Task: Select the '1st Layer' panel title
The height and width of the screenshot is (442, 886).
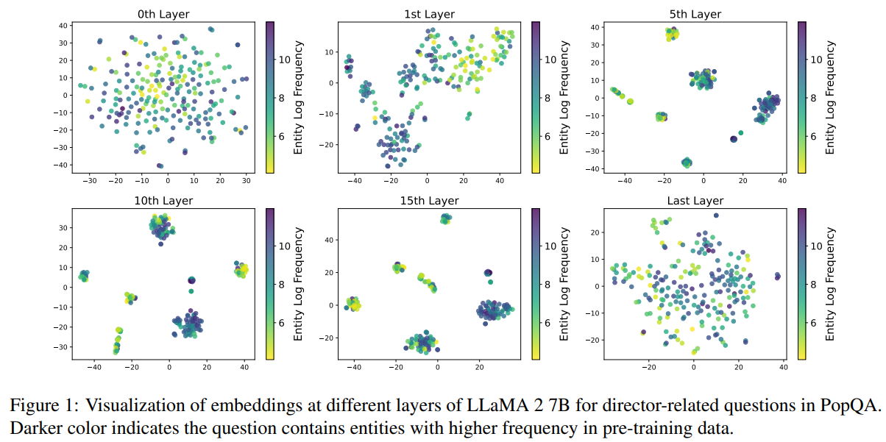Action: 430,14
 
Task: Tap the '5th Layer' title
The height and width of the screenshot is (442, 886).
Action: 696,14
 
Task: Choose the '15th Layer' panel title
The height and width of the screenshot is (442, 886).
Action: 430,201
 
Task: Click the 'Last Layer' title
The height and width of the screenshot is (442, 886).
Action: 696,201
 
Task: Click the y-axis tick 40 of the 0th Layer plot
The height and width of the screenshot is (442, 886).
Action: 65,26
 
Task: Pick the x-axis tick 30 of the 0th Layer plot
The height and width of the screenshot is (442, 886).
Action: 246,180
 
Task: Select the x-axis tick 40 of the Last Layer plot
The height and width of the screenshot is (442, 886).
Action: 783,367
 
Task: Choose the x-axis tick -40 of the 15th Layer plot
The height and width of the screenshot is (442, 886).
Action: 355,367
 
